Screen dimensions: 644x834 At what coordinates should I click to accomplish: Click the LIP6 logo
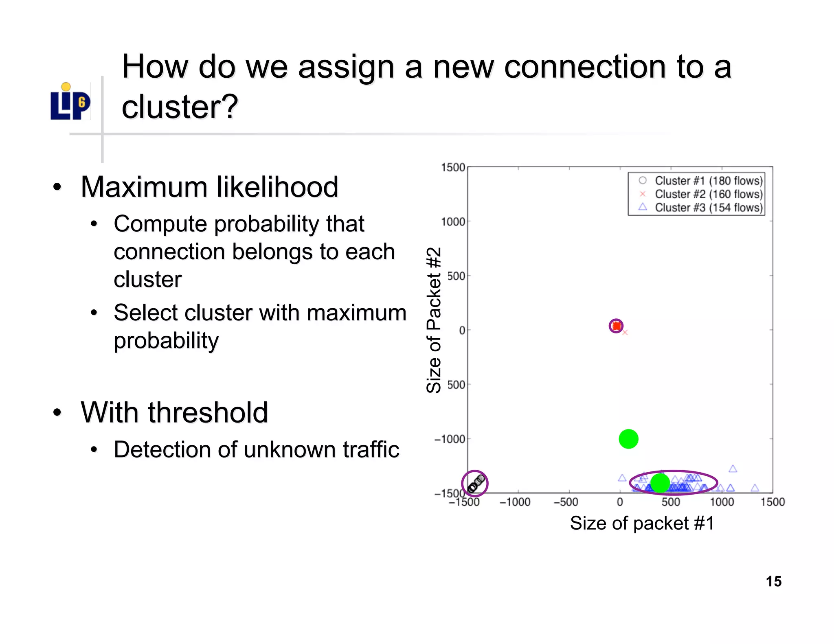coord(70,103)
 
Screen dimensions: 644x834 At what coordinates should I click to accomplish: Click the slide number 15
coord(773,581)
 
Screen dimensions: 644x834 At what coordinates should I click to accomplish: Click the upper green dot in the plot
coord(628,439)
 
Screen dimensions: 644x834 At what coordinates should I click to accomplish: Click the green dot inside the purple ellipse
coord(660,483)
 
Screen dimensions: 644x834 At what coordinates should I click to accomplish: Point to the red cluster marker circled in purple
coord(616,326)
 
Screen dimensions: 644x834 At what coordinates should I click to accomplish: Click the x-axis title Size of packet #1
coord(642,523)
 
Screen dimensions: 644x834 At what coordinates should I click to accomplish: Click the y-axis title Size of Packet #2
coord(434,320)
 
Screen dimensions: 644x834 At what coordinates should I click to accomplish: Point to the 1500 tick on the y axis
coord(453,168)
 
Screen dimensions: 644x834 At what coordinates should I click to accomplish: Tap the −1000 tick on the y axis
coord(450,439)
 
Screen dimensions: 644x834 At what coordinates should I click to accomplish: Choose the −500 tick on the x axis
coord(566,502)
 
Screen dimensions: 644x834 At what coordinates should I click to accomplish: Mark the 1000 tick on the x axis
coord(722,502)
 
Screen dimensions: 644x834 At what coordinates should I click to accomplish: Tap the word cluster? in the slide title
coord(180,107)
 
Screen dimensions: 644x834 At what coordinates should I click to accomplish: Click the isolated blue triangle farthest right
coord(755,488)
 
